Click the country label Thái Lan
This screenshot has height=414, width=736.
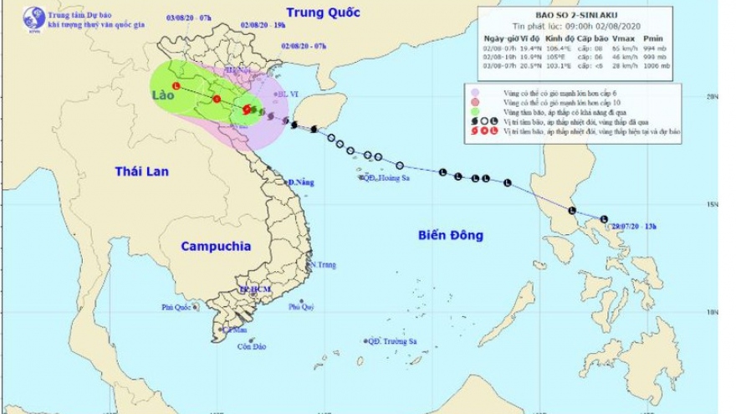tap(142, 171)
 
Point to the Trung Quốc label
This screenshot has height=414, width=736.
tap(322, 13)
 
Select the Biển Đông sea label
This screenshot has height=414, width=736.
tap(451, 236)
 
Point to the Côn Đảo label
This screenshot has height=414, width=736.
tap(252, 346)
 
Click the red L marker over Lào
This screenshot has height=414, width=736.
tap(176, 86)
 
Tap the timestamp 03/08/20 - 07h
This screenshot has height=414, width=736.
tap(188, 18)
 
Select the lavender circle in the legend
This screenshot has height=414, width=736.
tap(475, 91)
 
